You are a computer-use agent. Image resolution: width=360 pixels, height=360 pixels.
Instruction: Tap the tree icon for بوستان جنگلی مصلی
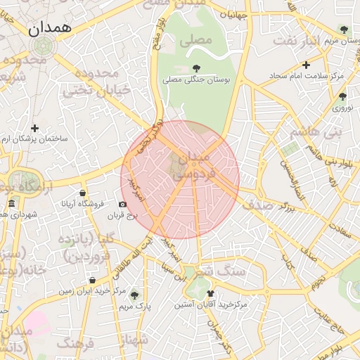[x=195, y=68]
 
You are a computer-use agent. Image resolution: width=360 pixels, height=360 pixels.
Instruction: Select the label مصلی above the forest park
[x=195, y=40]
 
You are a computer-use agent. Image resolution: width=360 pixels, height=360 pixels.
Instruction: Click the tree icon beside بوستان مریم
[x=343, y=30]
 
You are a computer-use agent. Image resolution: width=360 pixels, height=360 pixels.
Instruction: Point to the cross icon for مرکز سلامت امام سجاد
[x=306, y=65]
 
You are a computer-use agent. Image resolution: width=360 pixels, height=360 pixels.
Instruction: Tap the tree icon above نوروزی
[x=342, y=96]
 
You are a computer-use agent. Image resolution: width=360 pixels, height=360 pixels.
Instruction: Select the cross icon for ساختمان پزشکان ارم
[x=34, y=128]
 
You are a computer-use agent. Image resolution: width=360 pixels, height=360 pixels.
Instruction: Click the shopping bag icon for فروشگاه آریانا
[x=83, y=193]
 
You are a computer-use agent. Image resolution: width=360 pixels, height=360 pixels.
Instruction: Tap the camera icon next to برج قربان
[x=123, y=205]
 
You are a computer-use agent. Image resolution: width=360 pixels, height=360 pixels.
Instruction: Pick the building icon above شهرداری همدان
[x=11, y=204]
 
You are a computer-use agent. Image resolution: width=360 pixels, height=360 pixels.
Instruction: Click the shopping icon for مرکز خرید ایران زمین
[x=92, y=280]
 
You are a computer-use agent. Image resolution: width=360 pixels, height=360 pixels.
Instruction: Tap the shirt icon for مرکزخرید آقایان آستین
[x=209, y=294]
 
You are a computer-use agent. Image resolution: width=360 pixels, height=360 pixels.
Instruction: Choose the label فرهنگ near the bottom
[x=76, y=343]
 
